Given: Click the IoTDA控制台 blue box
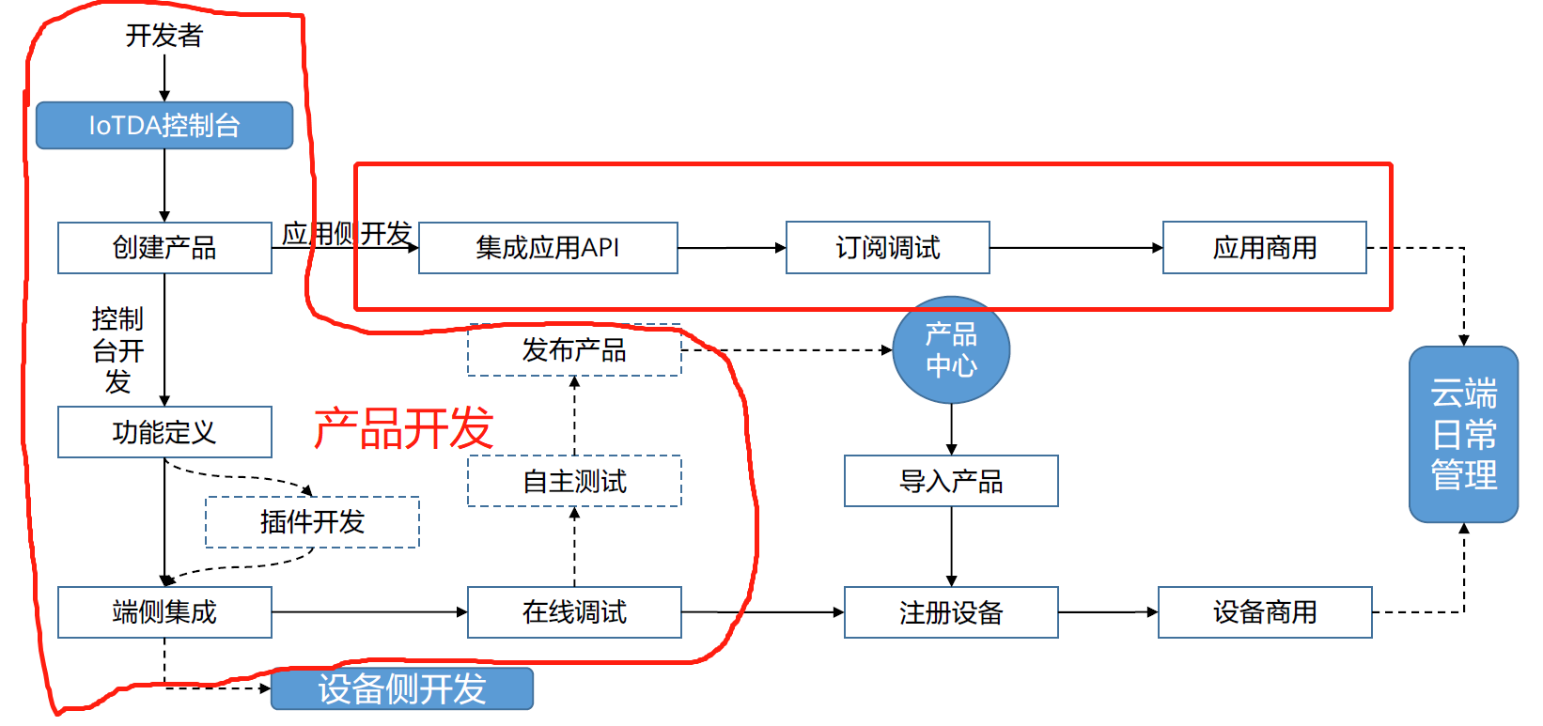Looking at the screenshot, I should pos(164,126).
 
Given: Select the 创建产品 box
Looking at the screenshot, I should pos(164,248).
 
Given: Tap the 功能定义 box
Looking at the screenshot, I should pos(164,432).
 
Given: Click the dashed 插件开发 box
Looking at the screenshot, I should pos(312,522).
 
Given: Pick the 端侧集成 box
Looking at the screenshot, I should pos(164,612).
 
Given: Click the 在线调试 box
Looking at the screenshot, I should pos(574,612).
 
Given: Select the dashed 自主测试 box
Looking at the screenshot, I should pos(574,482).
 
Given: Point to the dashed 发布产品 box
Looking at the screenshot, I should pos(574,350).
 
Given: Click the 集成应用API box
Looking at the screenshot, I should pos(548,248).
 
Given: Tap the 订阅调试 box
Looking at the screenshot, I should pos(887,248).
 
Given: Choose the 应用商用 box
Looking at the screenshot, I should pos(1264,248).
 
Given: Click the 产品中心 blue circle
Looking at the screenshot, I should pos(951,350).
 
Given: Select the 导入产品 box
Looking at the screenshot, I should pos(951,482).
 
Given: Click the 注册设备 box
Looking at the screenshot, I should pos(951,612).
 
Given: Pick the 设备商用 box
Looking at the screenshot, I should pos(1265,612).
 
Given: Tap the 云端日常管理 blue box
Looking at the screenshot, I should pos(1463,435).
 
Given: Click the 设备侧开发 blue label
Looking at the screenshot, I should pos(402,688).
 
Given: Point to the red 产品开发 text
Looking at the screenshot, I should pos(403,428).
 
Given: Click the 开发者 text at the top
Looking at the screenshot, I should pos(164,36).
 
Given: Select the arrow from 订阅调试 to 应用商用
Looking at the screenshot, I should pos(1076,248).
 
